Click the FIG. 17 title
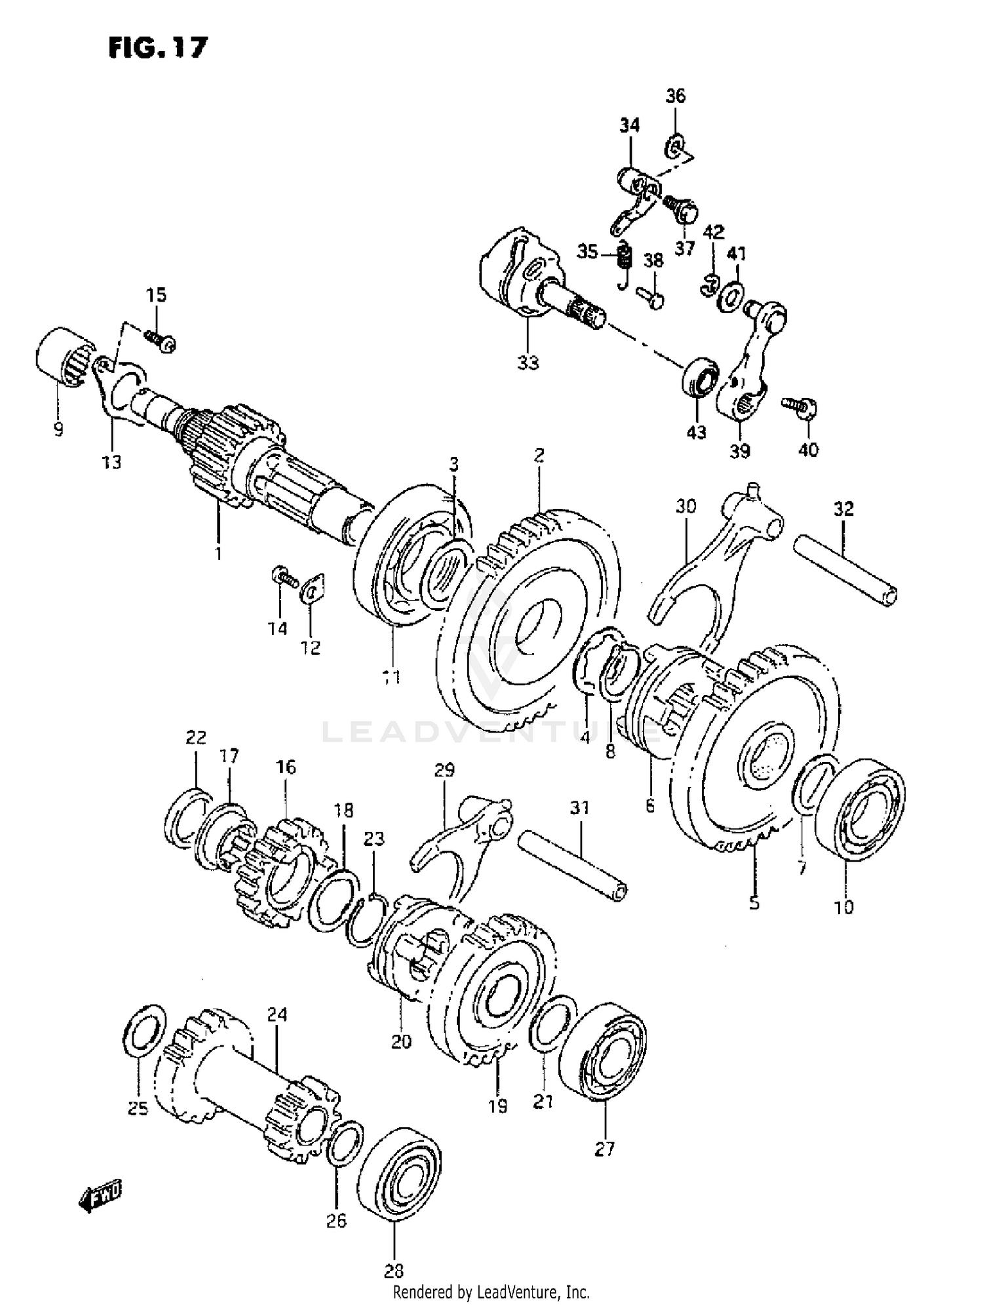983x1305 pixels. point(158,47)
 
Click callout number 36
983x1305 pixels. point(676,96)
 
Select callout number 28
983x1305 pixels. point(394,1271)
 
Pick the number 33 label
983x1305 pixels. point(528,362)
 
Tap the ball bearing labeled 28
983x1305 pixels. point(400,1167)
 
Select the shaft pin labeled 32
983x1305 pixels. point(845,570)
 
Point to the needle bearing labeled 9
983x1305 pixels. point(62,358)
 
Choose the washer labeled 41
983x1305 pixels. point(731,297)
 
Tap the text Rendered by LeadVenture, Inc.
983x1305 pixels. point(491,1292)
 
